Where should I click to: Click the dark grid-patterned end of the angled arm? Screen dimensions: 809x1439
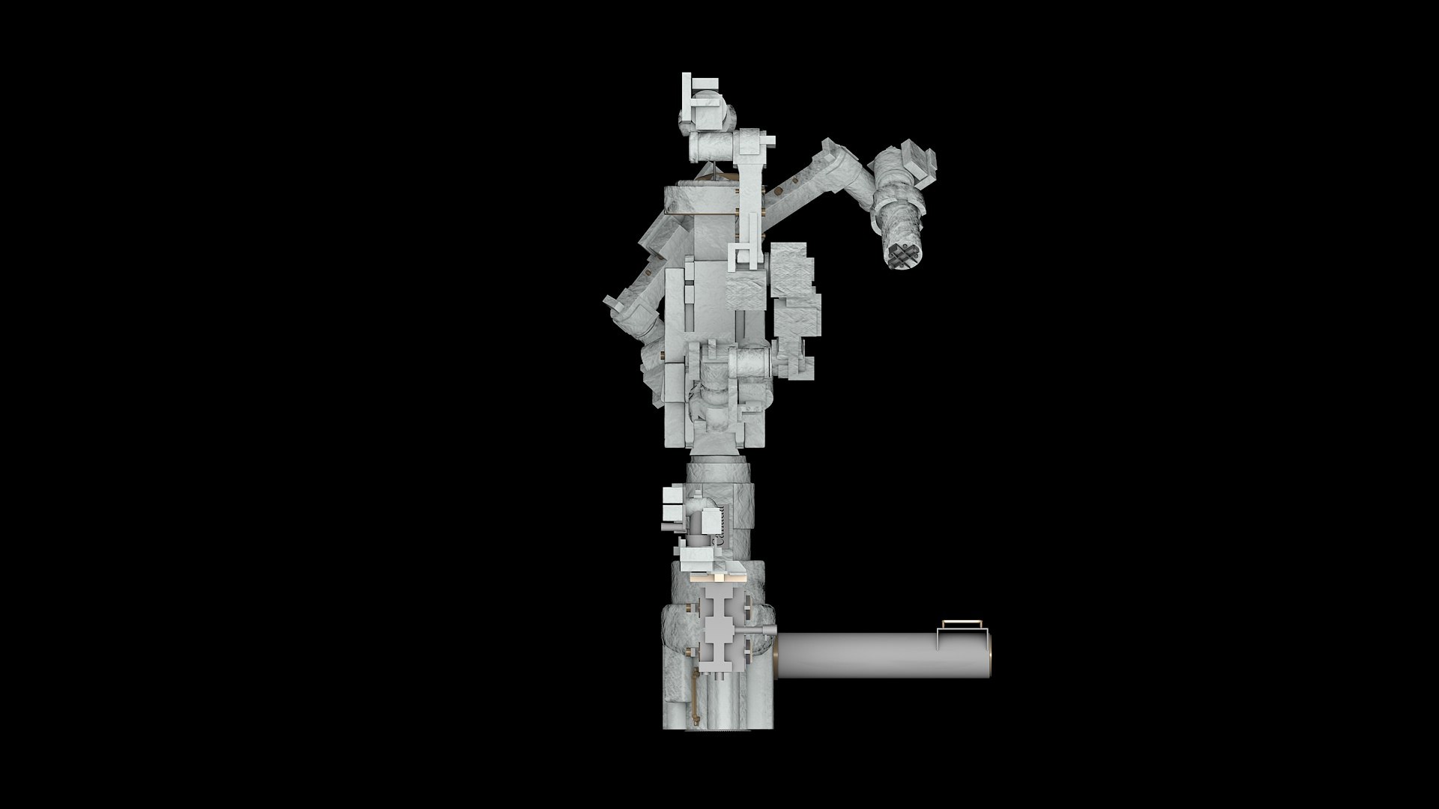click(905, 256)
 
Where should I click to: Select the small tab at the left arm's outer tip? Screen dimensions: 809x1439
click(612, 301)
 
